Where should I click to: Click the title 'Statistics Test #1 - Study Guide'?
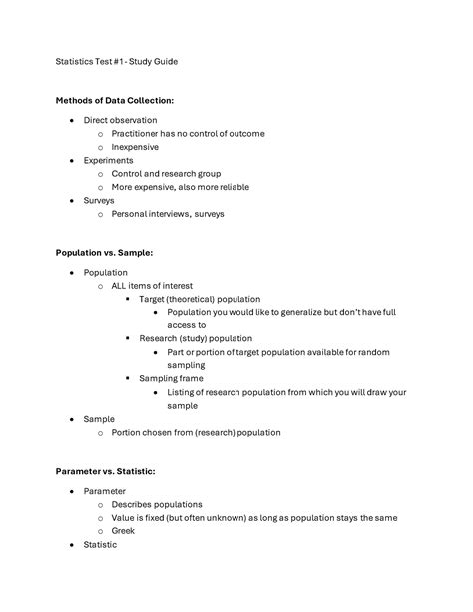(116, 61)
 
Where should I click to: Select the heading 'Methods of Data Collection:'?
(115, 101)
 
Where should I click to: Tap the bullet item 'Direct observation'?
(120, 120)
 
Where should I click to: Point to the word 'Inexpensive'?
(135, 147)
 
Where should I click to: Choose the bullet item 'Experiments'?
(108, 160)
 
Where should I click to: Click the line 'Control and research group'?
(166, 174)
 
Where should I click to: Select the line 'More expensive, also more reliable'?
(180, 187)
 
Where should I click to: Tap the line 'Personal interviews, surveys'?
(168, 214)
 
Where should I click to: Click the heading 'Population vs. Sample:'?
(104, 253)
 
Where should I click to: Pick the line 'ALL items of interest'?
(152, 285)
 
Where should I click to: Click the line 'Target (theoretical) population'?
(200, 299)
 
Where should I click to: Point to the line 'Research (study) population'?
(196, 338)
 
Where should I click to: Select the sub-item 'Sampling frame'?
(172, 378)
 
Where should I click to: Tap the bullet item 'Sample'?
(99, 419)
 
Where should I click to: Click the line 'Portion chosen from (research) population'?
(196, 433)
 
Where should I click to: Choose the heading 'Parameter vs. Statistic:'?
(106, 471)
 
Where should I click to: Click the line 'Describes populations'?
(157, 504)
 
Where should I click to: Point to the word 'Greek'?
(124, 531)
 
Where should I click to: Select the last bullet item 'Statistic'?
(100, 545)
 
